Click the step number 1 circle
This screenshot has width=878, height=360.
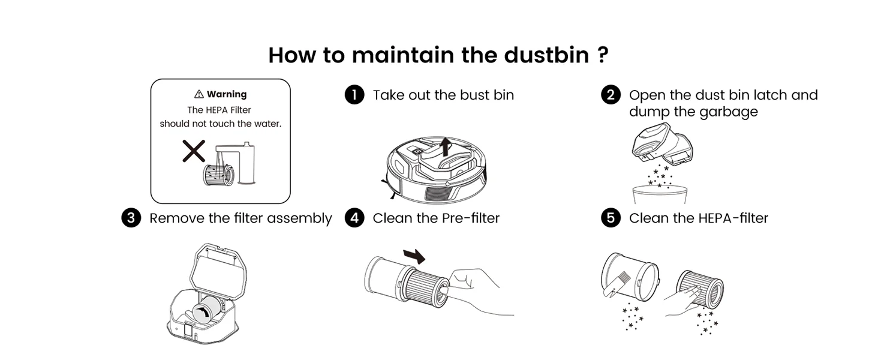click(x=354, y=95)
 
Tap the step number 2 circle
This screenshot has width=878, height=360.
click(x=611, y=95)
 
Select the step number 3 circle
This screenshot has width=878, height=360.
click(x=131, y=218)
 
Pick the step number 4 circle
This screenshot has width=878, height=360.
click(x=354, y=218)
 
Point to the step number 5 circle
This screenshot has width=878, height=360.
click(x=611, y=218)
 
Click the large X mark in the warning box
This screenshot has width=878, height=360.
click(x=194, y=151)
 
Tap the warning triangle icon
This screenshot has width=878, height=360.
click(x=199, y=94)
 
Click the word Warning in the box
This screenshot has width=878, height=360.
click(x=227, y=94)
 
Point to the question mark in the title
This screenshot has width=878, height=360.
click(x=603, y=55)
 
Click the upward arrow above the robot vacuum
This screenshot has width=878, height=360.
click(x=444, y=146)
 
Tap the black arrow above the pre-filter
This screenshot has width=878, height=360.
click(x=414, y=256)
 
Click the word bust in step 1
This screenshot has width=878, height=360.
click(x=473, y=95)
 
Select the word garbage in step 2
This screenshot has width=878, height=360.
click(x=731, y=112)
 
